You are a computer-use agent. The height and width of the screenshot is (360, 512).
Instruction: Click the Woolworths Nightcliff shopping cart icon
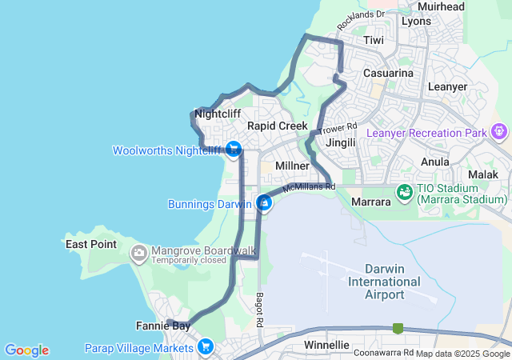point(234,149)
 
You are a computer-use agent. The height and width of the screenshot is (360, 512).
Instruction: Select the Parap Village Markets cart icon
point(206,346)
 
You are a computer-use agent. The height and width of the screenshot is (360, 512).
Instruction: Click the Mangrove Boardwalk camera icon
point(140,254)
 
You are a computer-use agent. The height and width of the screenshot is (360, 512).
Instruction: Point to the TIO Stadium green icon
point(405,193)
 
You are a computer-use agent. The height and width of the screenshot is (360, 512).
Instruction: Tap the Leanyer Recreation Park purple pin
point(501,130)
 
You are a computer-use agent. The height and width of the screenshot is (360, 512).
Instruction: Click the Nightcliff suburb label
point(218,114)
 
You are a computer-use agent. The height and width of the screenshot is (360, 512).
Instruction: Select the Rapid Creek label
point(277,126)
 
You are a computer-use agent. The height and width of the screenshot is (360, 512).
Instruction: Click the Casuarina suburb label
point(388,73)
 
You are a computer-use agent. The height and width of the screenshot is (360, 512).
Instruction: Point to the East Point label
point(91,244)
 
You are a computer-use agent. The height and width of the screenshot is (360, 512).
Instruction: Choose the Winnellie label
point(327,345)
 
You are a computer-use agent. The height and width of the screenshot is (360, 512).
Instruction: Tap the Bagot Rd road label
point(260,308)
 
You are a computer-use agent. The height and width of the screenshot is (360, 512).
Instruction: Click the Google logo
point(26,350)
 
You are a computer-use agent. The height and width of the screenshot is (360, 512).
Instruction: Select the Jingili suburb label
point(342,142)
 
